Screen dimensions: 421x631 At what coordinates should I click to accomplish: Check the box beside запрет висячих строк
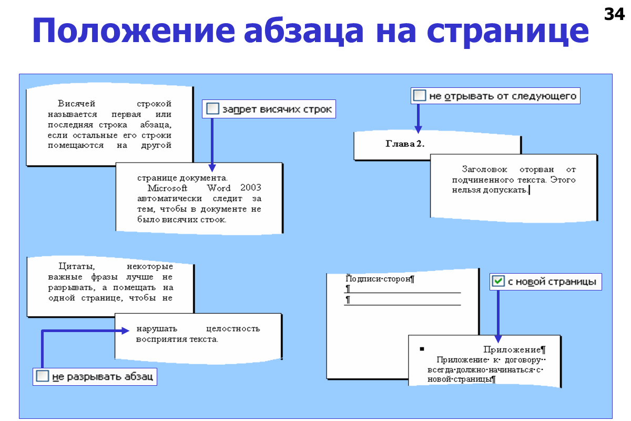[x=212, y=109]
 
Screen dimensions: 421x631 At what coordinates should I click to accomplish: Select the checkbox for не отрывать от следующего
[x=419, y=96]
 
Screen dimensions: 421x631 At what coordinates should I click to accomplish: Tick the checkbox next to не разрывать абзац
[x=43, y=376]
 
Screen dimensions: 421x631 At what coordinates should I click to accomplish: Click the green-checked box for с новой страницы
[x=498, y=282]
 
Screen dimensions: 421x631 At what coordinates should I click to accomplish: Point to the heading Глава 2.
[x=405, y=144]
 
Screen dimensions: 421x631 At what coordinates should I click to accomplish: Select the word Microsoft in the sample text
[x=167, y=188]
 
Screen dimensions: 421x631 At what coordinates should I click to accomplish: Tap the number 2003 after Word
[x=251, y=188]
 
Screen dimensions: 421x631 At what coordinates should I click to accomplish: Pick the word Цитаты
[x=76, y=267]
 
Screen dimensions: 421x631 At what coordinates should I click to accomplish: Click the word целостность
[x=233, y=329]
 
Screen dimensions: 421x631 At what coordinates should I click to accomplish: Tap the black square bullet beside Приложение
[x=422, y=349]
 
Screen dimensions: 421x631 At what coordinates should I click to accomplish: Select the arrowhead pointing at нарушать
[x=125, y=330]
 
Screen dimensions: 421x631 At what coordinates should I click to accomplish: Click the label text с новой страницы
[x=552, y=282]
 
